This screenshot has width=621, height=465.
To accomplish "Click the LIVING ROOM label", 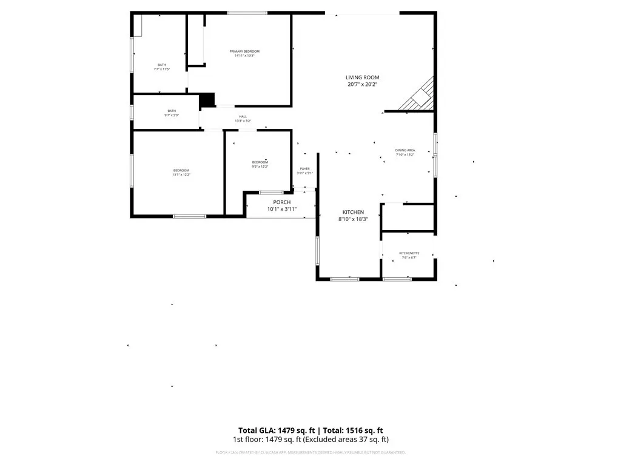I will [362, 77].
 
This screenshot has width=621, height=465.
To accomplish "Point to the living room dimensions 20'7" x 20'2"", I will [362, 85].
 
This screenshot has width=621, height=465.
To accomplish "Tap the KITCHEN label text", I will [353, 212].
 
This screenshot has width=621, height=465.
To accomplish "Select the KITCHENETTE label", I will [409, 253].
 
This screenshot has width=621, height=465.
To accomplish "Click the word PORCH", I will [281, 202].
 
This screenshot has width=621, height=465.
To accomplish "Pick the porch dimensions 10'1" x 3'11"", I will [281, 209].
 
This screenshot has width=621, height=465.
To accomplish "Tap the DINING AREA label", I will [404, 150].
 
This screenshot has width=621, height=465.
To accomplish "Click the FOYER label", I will [304, 169].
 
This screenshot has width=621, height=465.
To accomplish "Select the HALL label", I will [243, 116].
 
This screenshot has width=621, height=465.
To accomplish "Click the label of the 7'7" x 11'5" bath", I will [161, 65].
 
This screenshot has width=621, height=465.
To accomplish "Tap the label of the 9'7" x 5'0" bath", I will [172, 111].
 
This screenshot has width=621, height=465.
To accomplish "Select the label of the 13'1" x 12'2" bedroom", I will [181, 170].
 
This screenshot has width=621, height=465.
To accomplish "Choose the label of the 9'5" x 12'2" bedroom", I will [260, 162].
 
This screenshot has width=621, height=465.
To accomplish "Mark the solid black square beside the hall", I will [207, 100].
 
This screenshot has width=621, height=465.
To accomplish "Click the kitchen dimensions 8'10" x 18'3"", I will [353, 219].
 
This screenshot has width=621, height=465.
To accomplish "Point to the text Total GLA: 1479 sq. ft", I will [273, 429].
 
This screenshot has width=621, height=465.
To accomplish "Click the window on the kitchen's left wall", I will [317, 251].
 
